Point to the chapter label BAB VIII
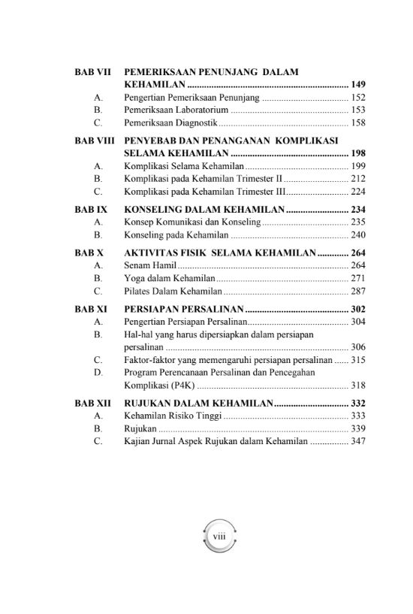pyautogui.click(x=95, y=140)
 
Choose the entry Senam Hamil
pyautogui.click(x=150, y=265)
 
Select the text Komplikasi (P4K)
pyautogui.click(x=158, y=386)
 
